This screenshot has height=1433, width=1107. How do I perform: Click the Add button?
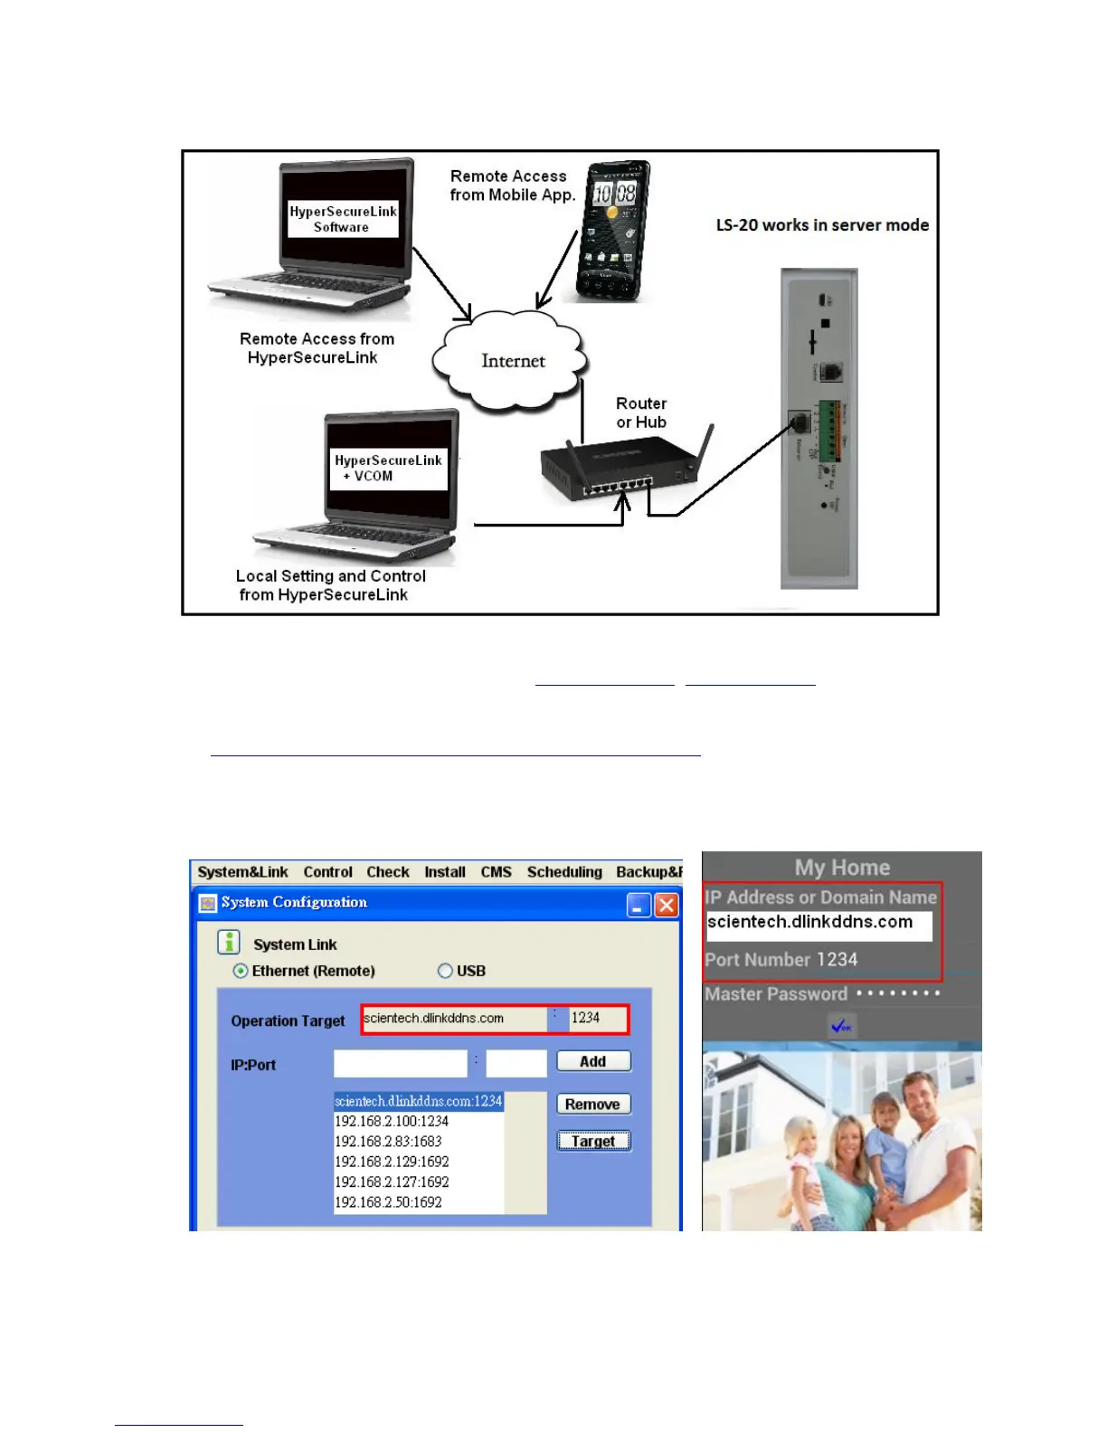[x=593, y=1061]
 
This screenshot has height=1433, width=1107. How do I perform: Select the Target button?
[x=593, y=1141]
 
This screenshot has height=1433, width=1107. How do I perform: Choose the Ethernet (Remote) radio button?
[x=241, y=971]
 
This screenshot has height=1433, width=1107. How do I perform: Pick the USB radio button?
[x=445, y=971]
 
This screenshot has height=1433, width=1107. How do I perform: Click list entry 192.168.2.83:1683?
[x=389, y=1142]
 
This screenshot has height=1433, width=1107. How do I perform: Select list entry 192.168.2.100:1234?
[x=392, y=1121]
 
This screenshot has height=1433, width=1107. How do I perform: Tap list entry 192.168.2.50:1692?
[x=389, y=1202]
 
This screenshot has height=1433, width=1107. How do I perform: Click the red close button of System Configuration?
[x=667, y=905]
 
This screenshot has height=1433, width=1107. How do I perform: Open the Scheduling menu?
[x=564, y=872]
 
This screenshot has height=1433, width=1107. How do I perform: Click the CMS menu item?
[x=496, y=872]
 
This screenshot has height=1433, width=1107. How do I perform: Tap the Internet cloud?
[x=512, y=361]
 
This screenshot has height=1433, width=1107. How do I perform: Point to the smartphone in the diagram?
[x=613, y=232]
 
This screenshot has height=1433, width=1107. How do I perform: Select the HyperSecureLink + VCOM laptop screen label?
[x=389, y=468]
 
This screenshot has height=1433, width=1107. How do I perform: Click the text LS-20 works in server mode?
[x=822, y=225]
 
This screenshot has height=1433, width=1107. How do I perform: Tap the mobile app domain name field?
[x=818, y=924]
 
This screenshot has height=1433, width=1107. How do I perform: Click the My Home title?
[x=842, y=868]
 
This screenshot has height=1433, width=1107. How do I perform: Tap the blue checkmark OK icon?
[x=842, y=1026]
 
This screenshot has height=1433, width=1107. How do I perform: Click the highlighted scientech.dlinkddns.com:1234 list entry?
[x=418, y=1101]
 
